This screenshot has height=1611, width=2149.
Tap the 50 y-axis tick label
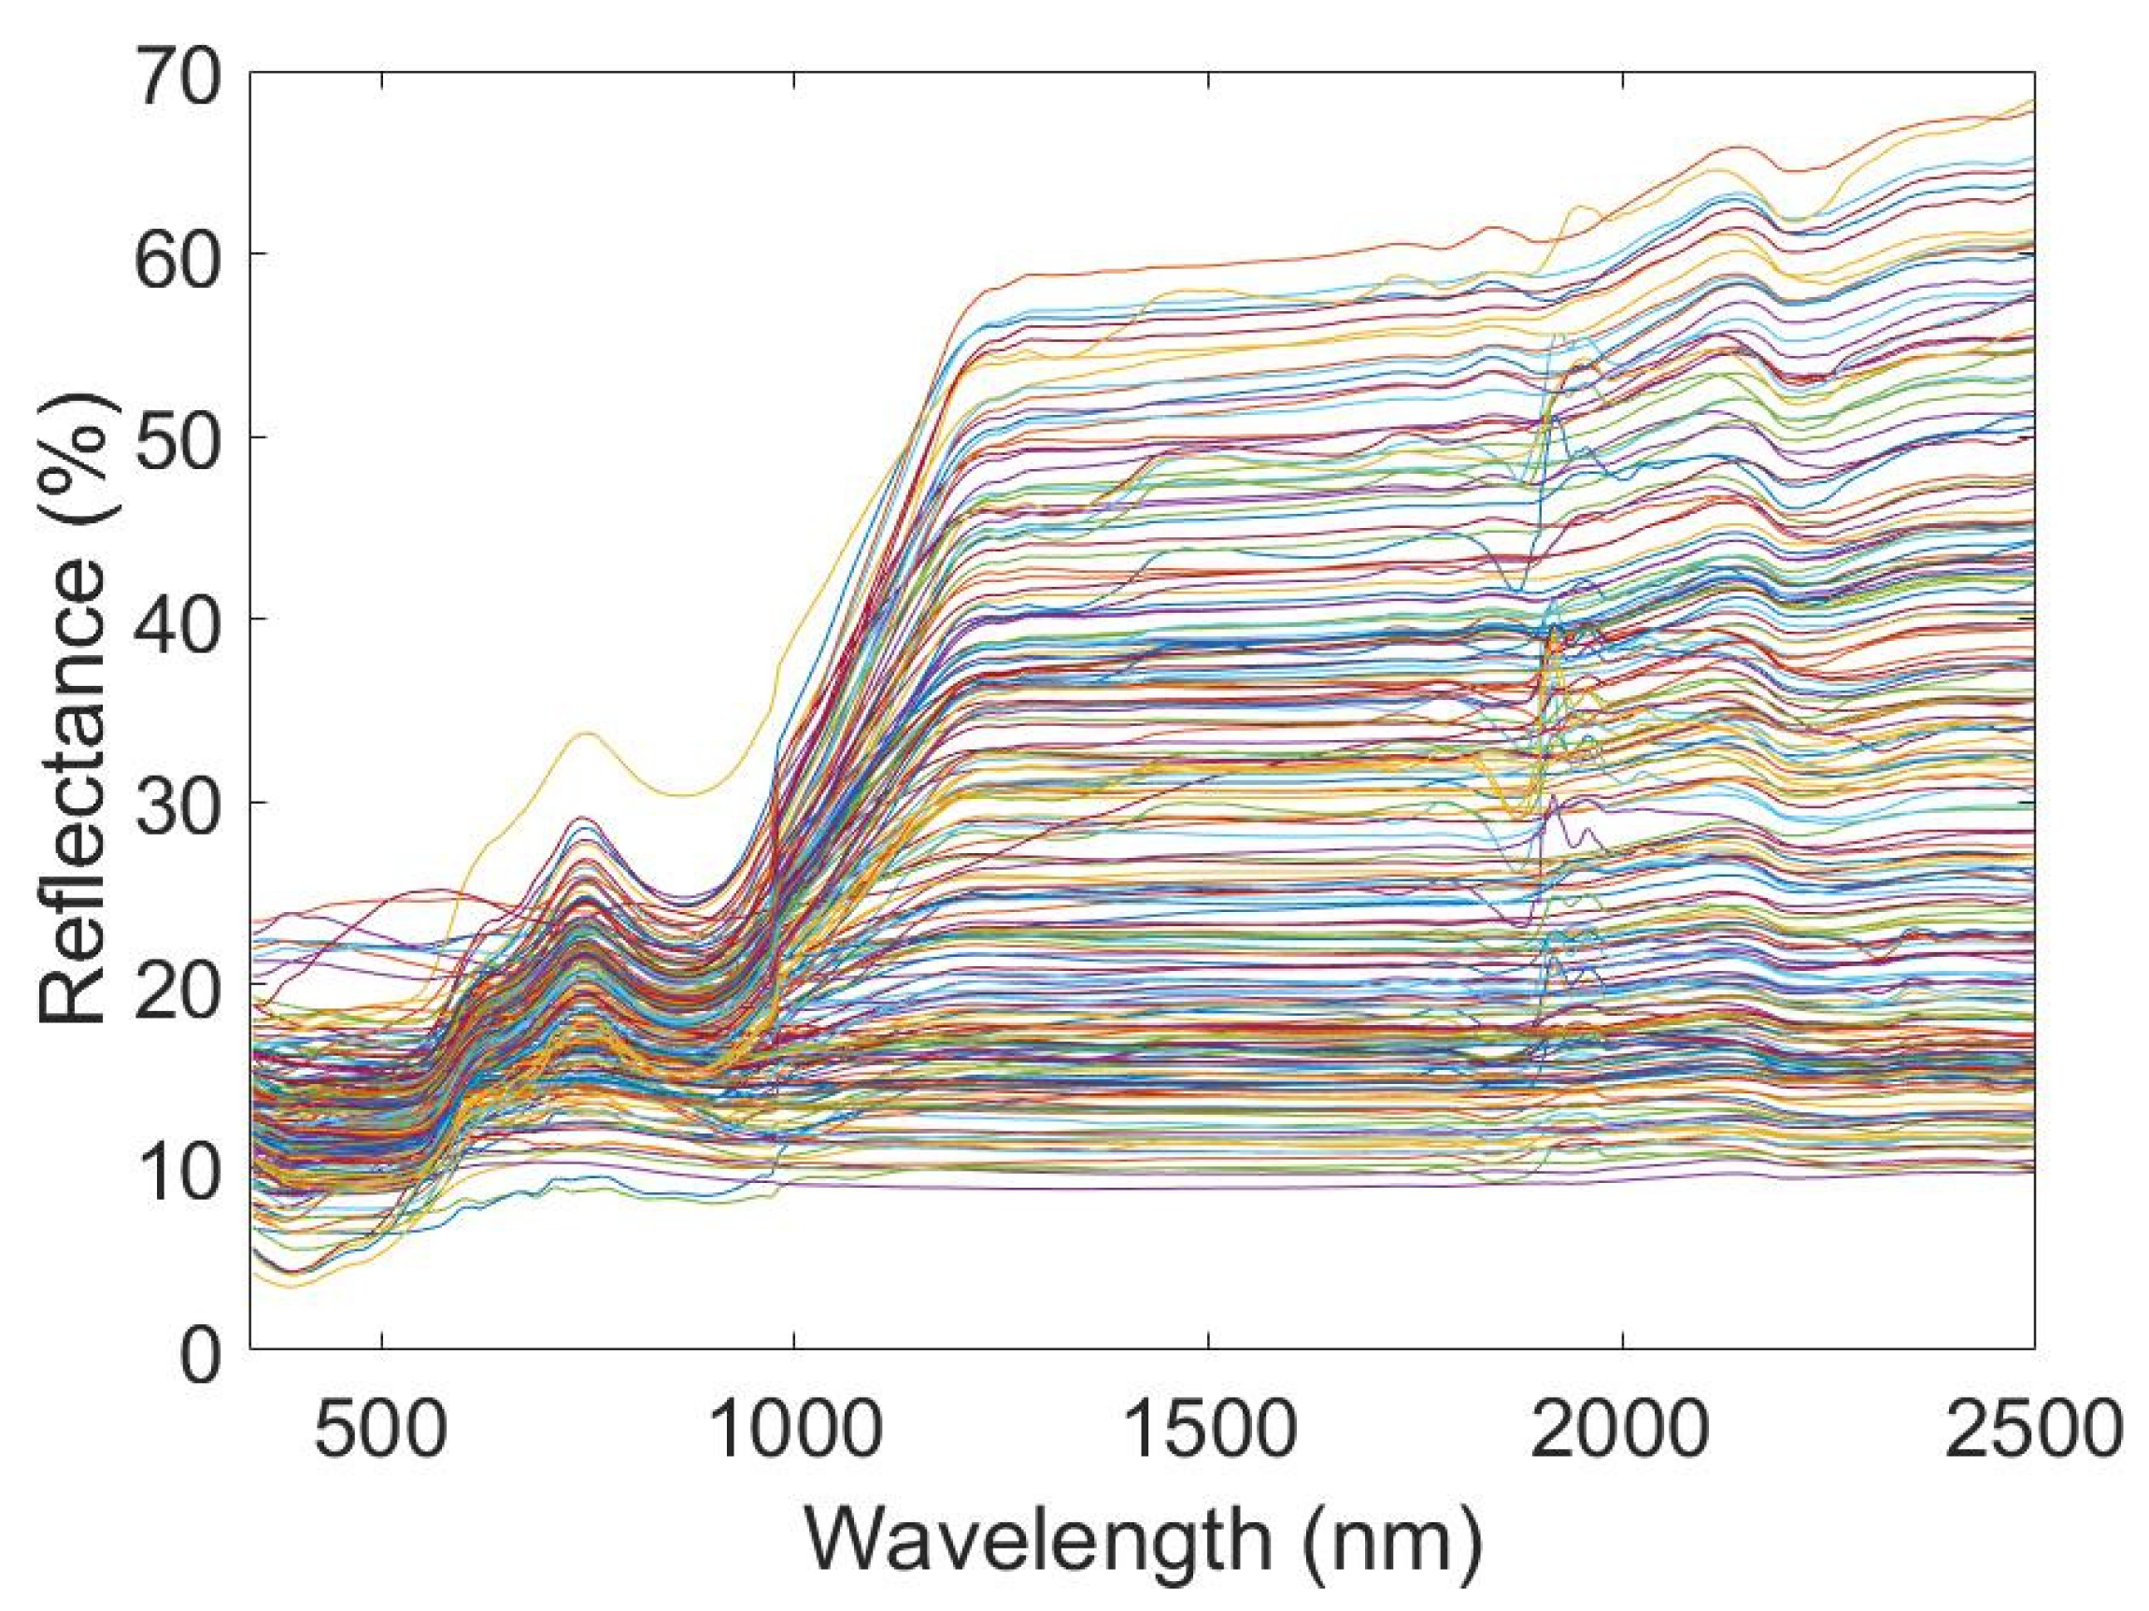pyautogui.click(x=181, y=438)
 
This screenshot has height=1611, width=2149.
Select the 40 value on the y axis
pyautogui.click(x=181, y=620)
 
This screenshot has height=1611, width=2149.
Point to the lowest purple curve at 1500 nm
pyautogui.click(x=1208, y=1188)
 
